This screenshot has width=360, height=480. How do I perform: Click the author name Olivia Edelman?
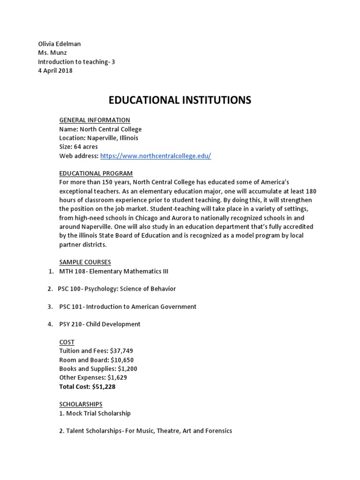coord(59,44)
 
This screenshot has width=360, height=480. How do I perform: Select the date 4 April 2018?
coord(55,71)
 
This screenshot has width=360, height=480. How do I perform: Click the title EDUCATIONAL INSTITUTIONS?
coord(180,100)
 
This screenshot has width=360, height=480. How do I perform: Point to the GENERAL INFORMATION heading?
coord(94,120)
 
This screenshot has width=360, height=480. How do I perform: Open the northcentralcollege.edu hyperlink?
coord(156,156)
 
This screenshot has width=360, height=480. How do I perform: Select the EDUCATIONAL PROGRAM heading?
coord(96,173)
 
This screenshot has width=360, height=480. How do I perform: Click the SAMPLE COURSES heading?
coord(85,262)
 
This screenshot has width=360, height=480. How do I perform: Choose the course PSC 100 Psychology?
coord(117,289)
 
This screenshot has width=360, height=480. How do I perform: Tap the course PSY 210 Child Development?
coord(100,324)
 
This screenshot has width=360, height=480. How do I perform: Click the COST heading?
coord(67,342)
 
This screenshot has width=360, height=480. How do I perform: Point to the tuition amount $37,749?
coord(124,351)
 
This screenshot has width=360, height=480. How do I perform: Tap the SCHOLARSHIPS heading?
coord(81,404)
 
